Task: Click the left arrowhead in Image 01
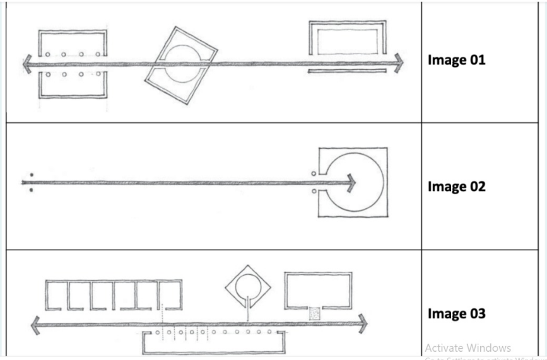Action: (x=26, y=64)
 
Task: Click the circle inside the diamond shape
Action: (x=247, y=289)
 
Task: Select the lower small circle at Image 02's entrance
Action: (x=314, y=190)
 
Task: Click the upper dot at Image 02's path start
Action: (x=31, y=175)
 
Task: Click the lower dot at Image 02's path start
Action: (x=31, y=189)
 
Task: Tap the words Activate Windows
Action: (x=467, y=348)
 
